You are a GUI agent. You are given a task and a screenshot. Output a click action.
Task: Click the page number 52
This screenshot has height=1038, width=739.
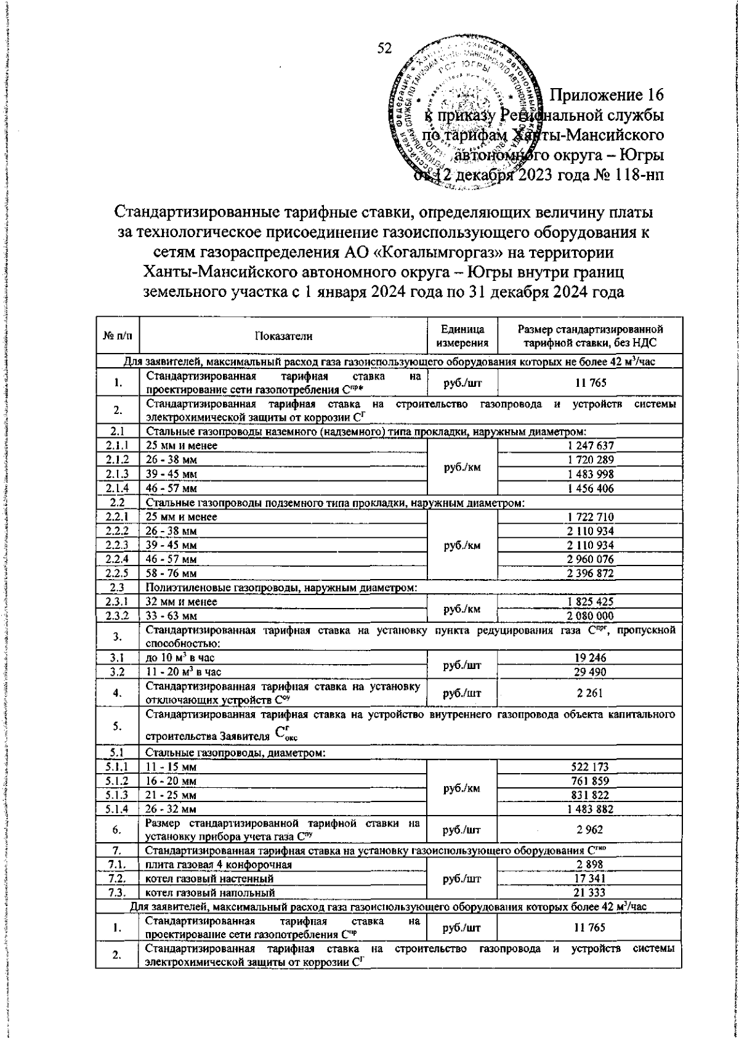pos(386,49)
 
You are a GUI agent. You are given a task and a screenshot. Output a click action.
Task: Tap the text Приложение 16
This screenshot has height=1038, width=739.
pos(606,95)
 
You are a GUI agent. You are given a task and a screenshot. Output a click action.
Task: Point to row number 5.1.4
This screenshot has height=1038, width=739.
pos(117,809)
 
